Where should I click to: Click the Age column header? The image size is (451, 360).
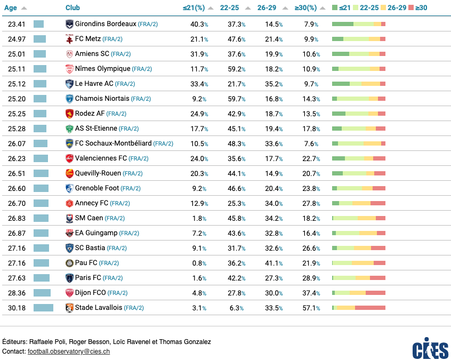pyautogui.click(x=10, y=8)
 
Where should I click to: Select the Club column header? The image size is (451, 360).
pyautogui.click(x=73, y=8)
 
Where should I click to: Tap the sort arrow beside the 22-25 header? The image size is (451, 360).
pyautogui.click(x=248, y=8)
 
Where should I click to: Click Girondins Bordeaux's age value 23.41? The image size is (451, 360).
pyautogui.click(x=17, y=24)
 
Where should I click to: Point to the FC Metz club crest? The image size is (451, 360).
pyautogui.click(x=69, y=39)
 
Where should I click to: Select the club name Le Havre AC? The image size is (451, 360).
pyautogui.click(x=94, y=84)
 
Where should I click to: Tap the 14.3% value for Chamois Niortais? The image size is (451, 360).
pyautogui.click(x=311, y=99)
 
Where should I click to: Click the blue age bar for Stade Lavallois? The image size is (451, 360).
pyautogui.click(x=43, y=308)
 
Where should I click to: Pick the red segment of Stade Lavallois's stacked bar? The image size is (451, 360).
pyautogui.click(x=370, y=308)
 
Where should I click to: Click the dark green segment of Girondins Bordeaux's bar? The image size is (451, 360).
pyautogui.click(x=343, y=24)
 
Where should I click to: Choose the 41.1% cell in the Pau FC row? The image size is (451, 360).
pyautogui.click(x=274, y=263)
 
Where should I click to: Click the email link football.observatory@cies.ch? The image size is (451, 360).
pyautogui.click(x=69, y=351)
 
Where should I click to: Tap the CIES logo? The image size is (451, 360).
pyautogui.click(x=430, y=348)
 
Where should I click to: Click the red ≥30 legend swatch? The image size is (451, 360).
pyautogui.click(x=411, y=7)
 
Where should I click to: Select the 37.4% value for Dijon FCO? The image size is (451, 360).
pyautogui.click(x=311, y=293)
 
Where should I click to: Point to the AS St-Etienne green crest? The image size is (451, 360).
pyautogui.click(x=69, y=129)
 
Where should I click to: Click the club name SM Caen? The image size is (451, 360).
pyautogui.click(x=89, y=218)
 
